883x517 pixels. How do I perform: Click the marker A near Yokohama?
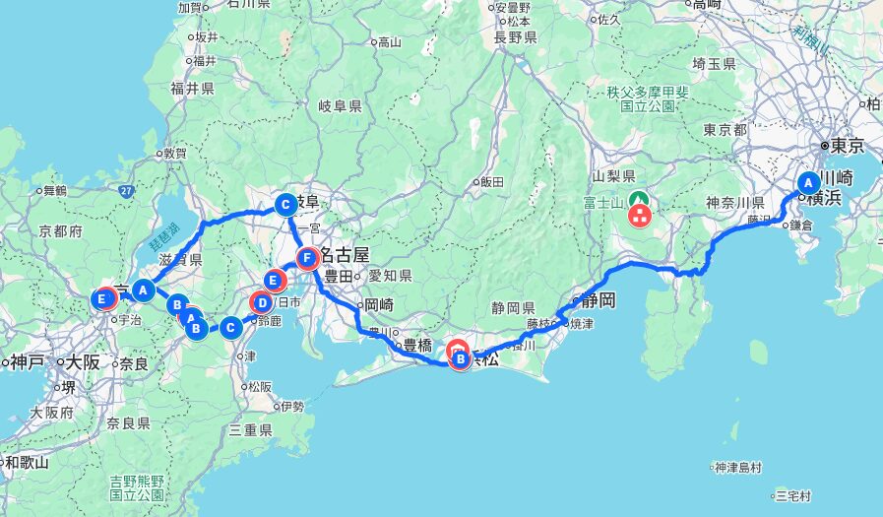pyautogui.click(x=808, y=183)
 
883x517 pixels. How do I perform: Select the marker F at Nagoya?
pyautogui.click(x=308, y=259)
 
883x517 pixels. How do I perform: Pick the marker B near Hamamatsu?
pyautogui.click(x=461, y=359)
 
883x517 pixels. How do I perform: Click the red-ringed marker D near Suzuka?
pyautogui.click(x=263, y=302)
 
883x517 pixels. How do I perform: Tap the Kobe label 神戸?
pyautogui.click(x=28, y=361)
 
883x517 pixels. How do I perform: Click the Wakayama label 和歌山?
pyautogui.click(x=27, y=461)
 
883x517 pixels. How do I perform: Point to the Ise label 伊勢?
pyautogui.click(x=292, y=406)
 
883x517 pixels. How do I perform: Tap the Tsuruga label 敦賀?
pyautogui.click(x=174, y=154)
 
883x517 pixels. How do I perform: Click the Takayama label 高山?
pyautogui.click(x=390, y=41)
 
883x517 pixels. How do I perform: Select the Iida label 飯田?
pyautogui.click(x=491, y=182)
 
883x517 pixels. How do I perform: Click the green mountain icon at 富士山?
pyautogui.click(x=638, y=198)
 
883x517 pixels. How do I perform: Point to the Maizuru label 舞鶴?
pyautogui.click(x=50, y=190)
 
